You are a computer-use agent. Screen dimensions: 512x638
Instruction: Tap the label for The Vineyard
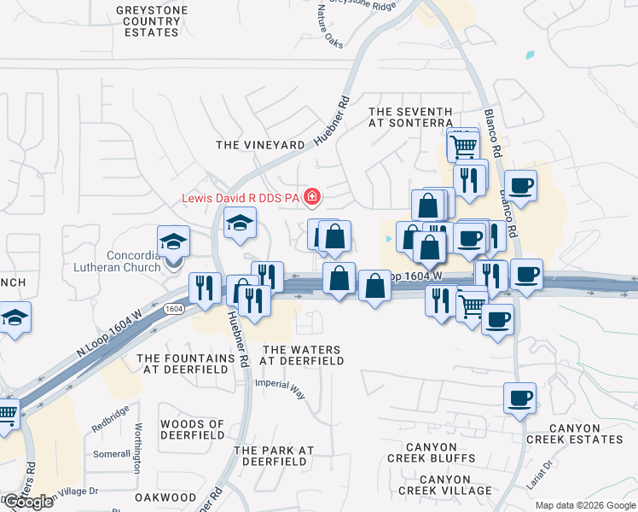[260, 145]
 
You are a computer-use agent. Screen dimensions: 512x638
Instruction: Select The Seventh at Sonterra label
[410, 117]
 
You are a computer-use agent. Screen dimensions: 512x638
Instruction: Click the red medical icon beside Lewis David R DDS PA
[312, 198]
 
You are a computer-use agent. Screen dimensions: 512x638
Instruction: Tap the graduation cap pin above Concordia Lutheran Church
[173, 241]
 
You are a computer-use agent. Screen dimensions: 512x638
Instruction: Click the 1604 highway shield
[174, 308]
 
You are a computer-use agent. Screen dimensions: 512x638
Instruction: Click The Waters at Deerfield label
[302, 355]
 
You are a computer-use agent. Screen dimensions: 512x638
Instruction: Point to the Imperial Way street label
[280, 388]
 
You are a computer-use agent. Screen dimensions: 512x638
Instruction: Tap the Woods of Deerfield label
[193, 430]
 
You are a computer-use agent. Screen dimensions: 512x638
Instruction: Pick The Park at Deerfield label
[274, 456]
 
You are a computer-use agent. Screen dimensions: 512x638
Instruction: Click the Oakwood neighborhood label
[165, 497]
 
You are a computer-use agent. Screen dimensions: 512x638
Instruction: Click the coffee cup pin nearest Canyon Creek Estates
[519, 399]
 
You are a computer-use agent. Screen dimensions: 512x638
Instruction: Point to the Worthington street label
[136, 447]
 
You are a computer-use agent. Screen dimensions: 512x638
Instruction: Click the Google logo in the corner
[28, 502]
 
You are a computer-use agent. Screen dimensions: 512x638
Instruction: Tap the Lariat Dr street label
[539, 475]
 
